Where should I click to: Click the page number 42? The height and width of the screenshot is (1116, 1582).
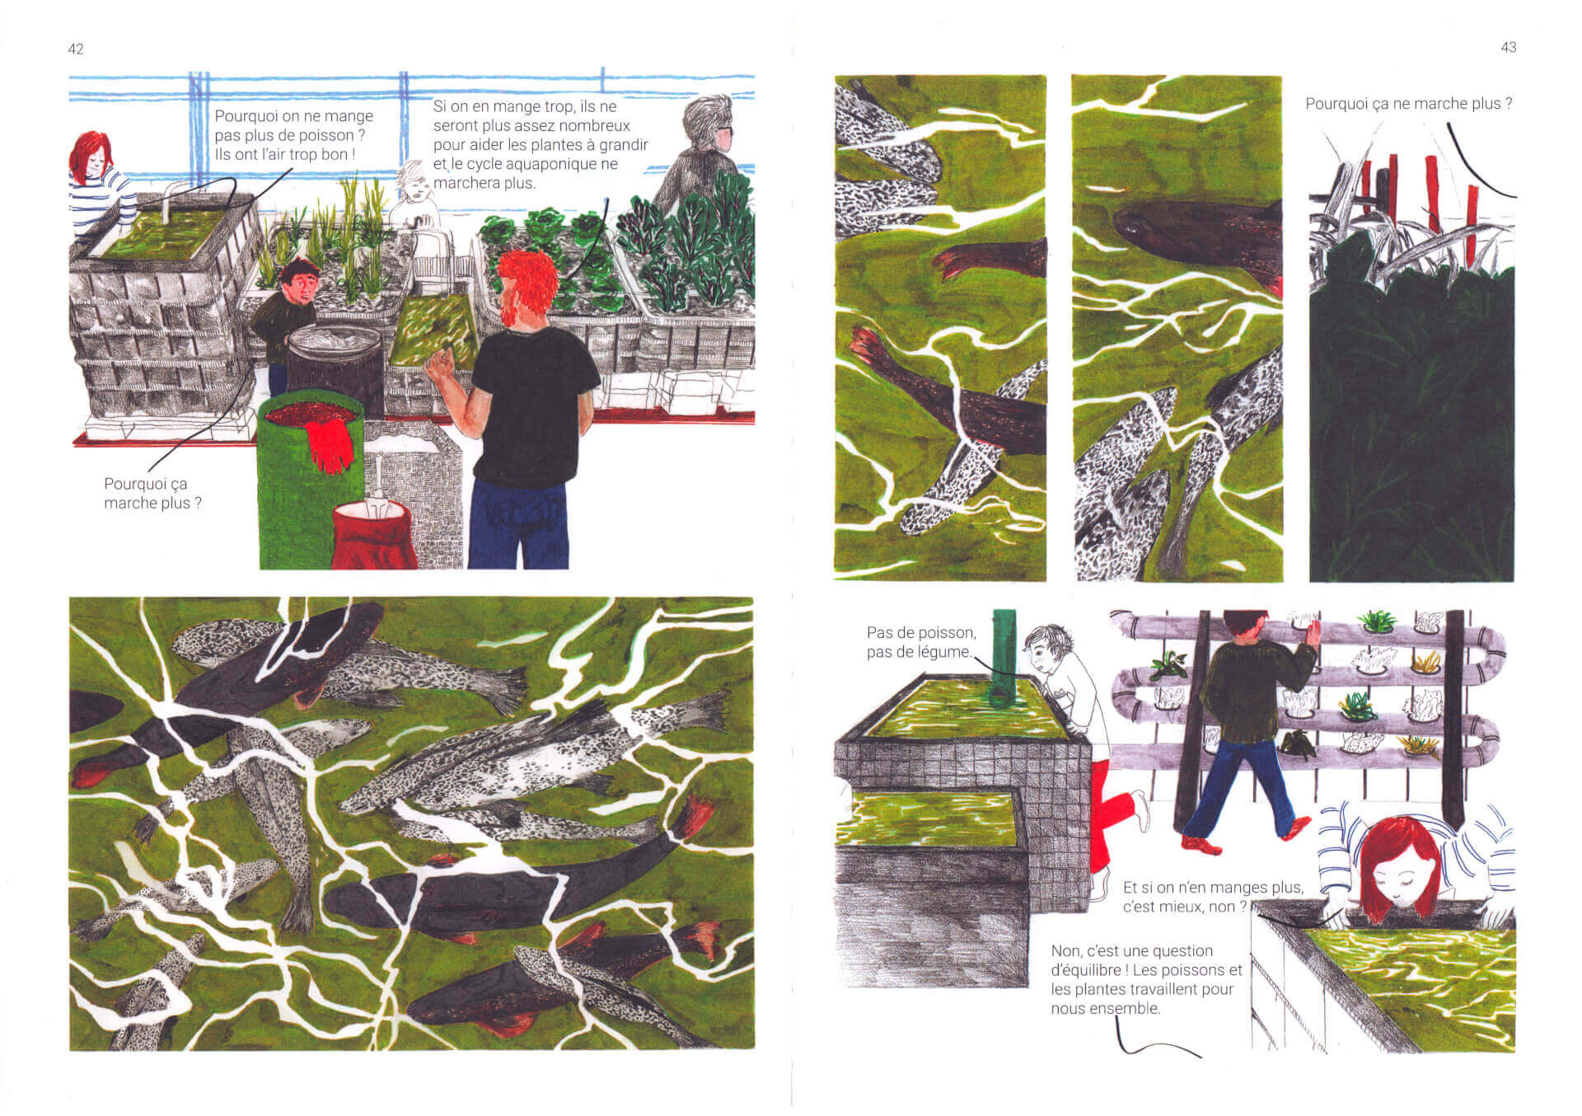[76, 49]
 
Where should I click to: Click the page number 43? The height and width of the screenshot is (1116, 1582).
[1508, 48]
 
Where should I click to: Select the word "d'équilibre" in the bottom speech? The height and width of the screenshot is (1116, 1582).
[1087, 970]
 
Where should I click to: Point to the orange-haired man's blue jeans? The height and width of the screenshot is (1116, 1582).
[519, 524]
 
